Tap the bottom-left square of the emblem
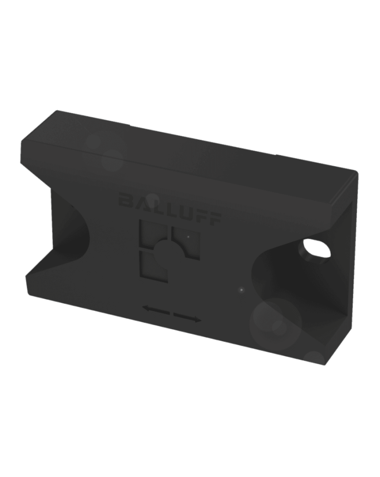pyautogui.click(x=152, y=266)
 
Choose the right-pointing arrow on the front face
pyautogui.click(x=187, y=317)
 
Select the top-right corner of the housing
pyautogui.click(x=356, y=173)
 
